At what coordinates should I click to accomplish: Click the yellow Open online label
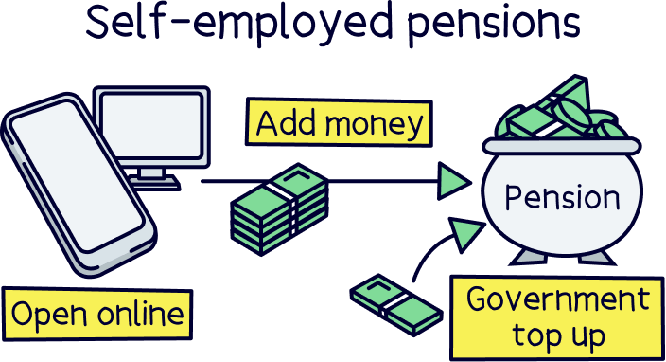pos(98,314)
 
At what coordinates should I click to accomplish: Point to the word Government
pos(558,299)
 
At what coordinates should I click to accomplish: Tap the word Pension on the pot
pos(562,198)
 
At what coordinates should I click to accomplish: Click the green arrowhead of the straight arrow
pos(456,180)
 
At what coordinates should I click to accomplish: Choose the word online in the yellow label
pos(143,314)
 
